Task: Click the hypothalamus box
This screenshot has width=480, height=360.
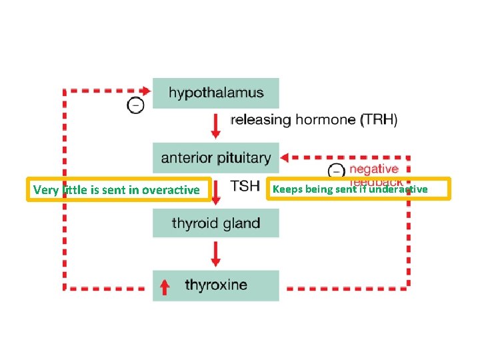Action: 215,93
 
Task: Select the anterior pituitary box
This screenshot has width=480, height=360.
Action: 215,158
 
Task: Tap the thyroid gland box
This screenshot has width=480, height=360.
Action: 215,223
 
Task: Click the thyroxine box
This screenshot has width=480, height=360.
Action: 215,285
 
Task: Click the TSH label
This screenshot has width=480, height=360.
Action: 245,186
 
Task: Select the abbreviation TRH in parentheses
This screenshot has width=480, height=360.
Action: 379,121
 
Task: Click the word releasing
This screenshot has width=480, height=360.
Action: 261,121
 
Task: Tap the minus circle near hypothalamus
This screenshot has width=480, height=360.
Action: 135,105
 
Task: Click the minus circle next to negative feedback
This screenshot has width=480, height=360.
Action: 338,171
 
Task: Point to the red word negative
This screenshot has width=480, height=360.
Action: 373,169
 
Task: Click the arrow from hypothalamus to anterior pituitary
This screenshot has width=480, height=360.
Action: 215,125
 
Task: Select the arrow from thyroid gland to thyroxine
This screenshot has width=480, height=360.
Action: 215,253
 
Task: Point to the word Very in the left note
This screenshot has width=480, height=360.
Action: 46,190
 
